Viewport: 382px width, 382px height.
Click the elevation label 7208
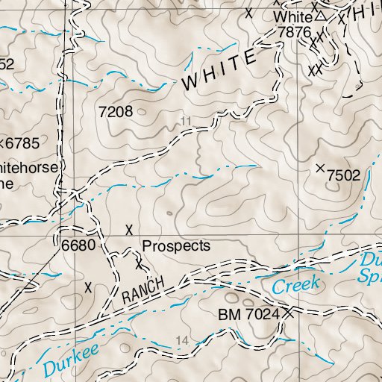(x=116, y=112)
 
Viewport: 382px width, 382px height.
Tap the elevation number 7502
(x=344, y=175)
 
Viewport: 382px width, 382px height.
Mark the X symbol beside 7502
(x=322, y=169)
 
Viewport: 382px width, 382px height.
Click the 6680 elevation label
(x=76, y=245)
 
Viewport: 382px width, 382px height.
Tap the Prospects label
(x=176, y=245)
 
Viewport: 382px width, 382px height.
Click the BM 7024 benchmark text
(x=248, y=315)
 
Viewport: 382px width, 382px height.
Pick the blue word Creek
(x=295, y=284)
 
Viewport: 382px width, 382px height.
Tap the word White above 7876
(x=292, y=16)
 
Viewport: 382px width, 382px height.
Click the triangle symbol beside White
(x=320, y=15)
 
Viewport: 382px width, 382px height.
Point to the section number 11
(x=185, y=121)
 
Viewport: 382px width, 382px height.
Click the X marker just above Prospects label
(x=130, y=229)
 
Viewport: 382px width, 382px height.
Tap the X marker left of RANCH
(x=89, y=286)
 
